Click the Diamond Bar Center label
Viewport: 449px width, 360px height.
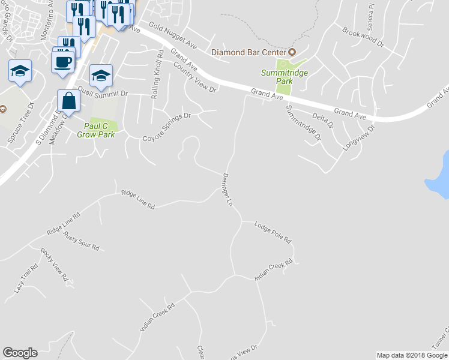[x=249, y=52]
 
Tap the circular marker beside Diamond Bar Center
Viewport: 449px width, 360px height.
[x=293, y=52]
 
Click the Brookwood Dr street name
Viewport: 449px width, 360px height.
[x=363, y=37]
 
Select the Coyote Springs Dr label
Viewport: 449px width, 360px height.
[x=166, y=127]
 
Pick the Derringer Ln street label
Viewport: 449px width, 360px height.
[x=226, y=189]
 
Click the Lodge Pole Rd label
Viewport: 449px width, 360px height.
[x=273, y=232]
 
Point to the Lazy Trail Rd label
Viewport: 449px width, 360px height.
[x=22, y=280]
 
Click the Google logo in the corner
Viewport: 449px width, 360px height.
[x=20, y=353]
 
